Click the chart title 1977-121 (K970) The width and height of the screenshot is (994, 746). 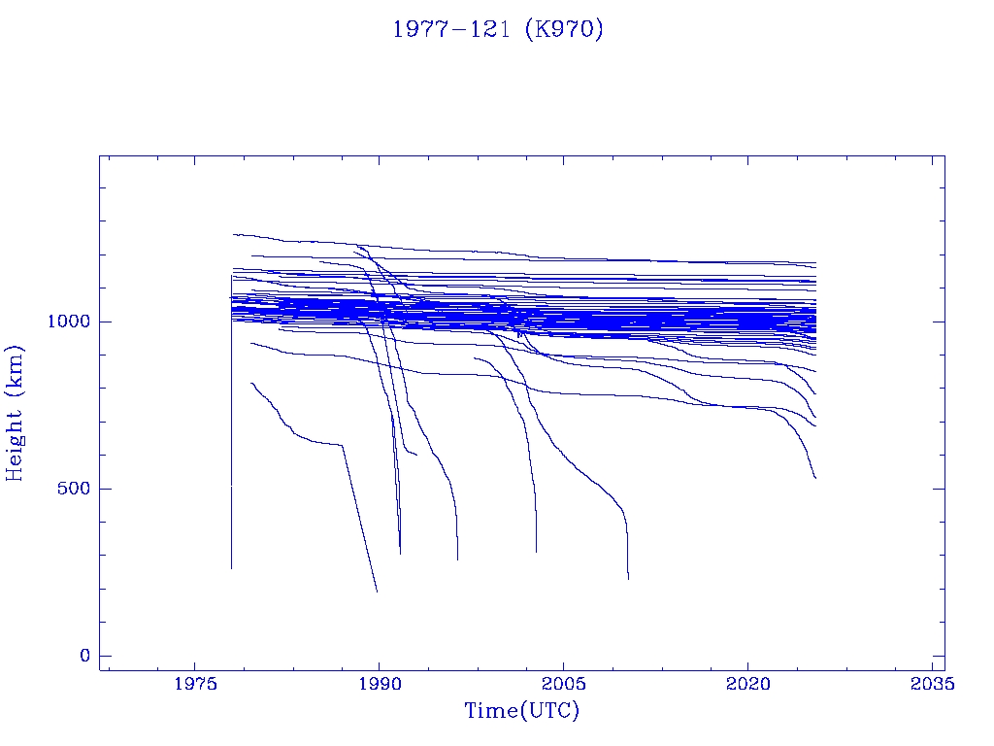(x=497, y=29)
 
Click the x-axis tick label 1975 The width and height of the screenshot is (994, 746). (x=195, y=684)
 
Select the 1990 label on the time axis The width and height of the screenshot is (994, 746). (x=379, y=684)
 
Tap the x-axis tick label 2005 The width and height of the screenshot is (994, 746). (x=564, y=684)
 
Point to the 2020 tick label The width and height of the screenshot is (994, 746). (x=748, y=684)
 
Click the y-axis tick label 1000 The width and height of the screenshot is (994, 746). (x=70, y=322)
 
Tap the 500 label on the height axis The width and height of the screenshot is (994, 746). (x=76, y=489)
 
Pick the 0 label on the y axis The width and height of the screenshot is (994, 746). (x=84, y=656)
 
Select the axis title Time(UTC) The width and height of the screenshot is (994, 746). (x=522, y=711)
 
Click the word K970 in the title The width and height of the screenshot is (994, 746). (x=563, y=29)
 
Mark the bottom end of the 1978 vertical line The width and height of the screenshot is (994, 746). (x=231, y=568)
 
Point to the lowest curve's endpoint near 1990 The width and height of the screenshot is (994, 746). (x=377, y=592)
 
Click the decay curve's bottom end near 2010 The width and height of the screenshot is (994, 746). (x=628, y=579)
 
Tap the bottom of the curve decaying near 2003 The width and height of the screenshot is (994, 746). (x=536, y=552)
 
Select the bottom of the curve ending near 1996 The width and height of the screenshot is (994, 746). (x=457, y=559)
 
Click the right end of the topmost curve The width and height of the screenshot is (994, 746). (x=815, y=263)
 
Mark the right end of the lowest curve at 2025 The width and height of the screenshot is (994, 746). (x=815, y=478)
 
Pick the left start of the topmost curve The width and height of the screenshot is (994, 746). (x=233, y=234)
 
